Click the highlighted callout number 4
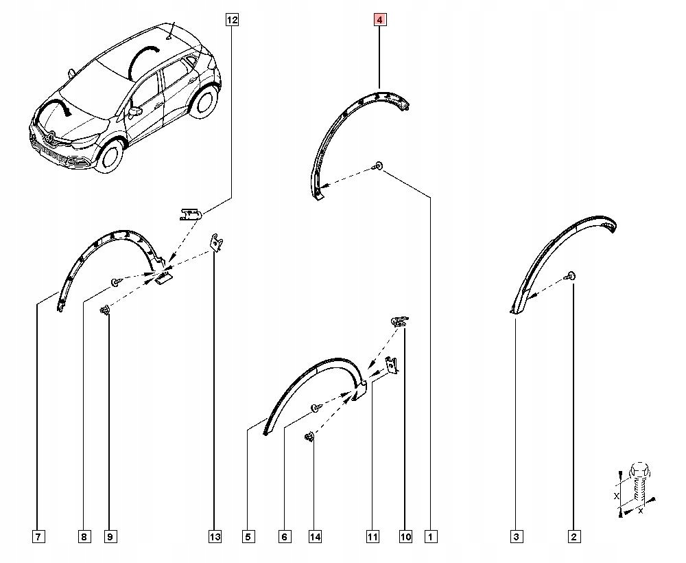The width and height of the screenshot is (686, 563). tap(379, 20)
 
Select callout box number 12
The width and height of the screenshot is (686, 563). tap(232, 20)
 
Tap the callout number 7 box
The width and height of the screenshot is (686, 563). tap(39, 537)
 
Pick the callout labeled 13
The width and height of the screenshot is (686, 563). tap(215, 537)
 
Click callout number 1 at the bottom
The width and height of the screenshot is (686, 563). tap(431, 537)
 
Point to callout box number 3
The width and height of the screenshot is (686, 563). tap(517, 537)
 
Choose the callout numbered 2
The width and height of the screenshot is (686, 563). tap(573, 537)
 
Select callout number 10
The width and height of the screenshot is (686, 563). tap(405, 537)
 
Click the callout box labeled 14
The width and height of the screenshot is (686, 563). tap(314, 537)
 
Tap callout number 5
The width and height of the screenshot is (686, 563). tap(248, 537)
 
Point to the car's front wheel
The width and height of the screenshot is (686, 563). tap(110, 156)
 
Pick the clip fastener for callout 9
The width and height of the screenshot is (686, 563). tap(106, 312)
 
